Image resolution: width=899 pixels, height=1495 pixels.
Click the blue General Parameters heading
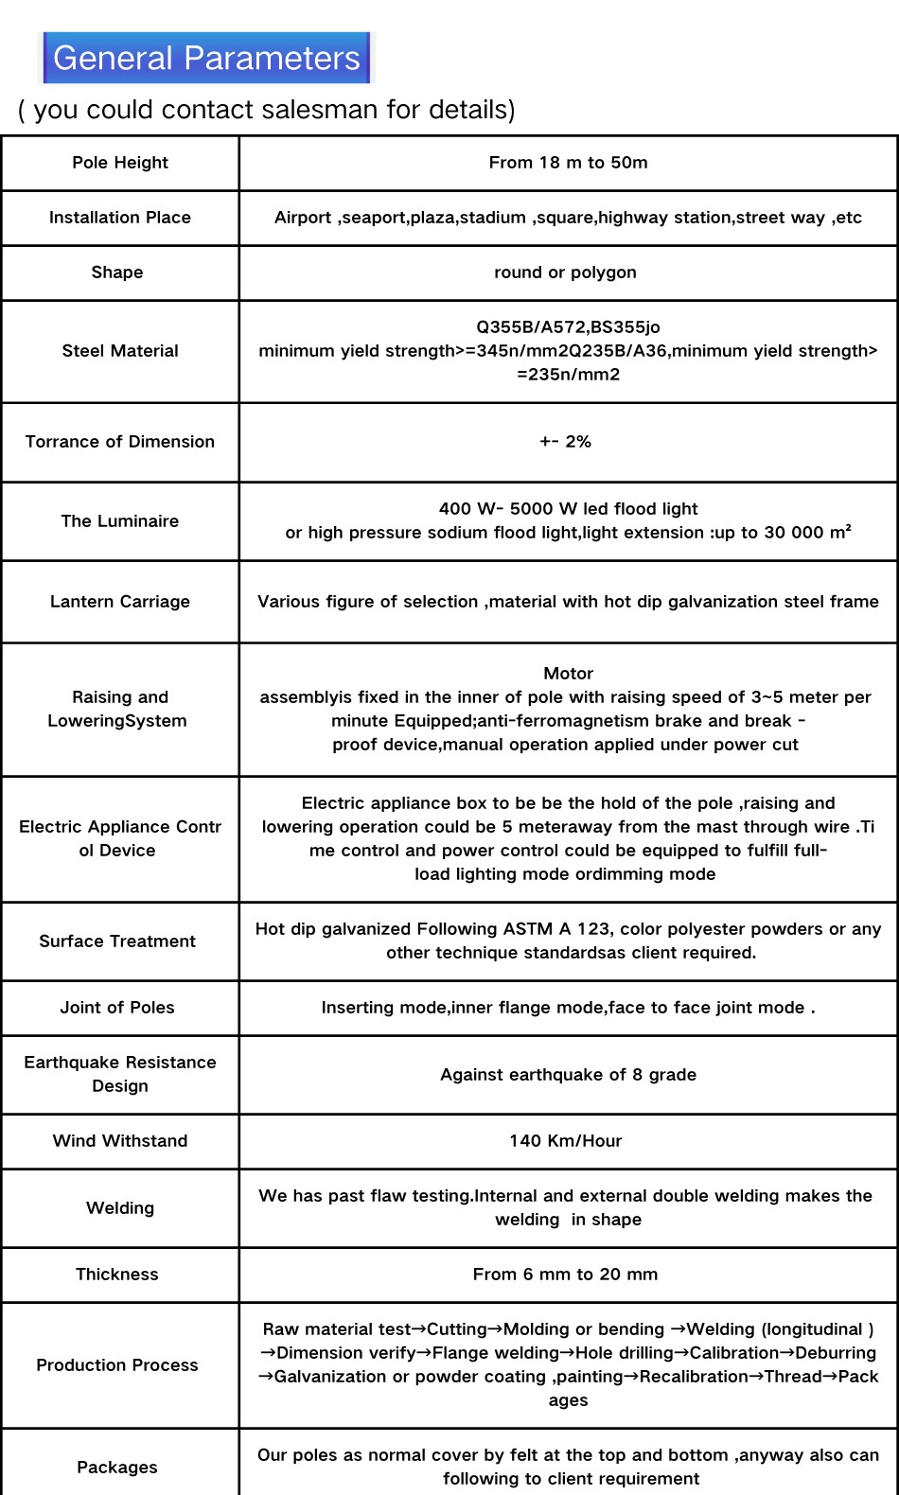(206, 59)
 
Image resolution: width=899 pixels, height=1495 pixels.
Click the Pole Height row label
(120, 163)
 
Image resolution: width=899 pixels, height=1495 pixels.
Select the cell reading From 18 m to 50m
(568, 163)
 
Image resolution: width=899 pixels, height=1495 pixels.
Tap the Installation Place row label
(120, 218)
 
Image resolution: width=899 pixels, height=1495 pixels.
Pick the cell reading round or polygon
(565, 273)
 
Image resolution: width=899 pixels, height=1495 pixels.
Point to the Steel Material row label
(120, 351)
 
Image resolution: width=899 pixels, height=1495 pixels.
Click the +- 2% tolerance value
(565, 442)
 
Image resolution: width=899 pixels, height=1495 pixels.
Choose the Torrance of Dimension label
(120, 442)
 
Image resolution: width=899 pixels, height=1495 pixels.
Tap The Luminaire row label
(120, 521)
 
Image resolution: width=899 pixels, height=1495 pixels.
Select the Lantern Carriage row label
(120, 602)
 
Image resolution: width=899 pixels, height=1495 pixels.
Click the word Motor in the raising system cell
(568, 674)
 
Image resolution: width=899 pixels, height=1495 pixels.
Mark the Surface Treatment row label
(117, 941)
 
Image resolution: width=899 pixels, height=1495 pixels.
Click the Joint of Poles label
(117, 1008)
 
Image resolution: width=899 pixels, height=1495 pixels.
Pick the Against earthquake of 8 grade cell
(568, 1075)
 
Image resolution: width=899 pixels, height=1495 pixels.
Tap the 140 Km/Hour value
(565, 1141)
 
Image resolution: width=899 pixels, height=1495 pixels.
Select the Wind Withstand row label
(120, 1141)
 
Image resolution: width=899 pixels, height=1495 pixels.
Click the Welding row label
(120, 1208)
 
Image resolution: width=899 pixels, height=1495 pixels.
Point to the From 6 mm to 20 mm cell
(565, 1275)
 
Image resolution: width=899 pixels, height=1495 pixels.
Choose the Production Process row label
(117, 1365)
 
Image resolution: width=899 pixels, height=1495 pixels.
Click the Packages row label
(117, 1468)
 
